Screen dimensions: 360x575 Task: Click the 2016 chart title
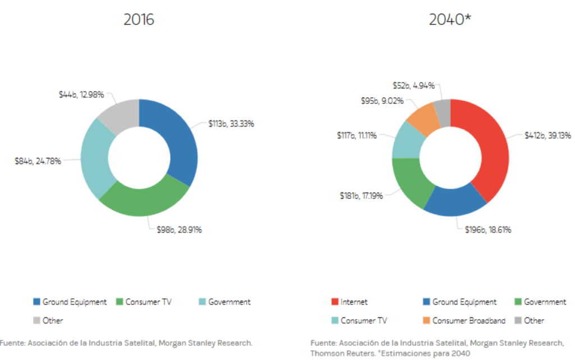pyautogui.click(x=139, y=20)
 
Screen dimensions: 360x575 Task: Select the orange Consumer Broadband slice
pyautogui.click(x=422, y=119)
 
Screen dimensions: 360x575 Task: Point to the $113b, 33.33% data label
pyautogui.click(x=231, y=124)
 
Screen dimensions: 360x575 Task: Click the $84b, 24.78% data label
pyautogui.click(x=38, y=161)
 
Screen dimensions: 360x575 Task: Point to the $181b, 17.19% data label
pyautogui.click(x=362, y=196)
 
